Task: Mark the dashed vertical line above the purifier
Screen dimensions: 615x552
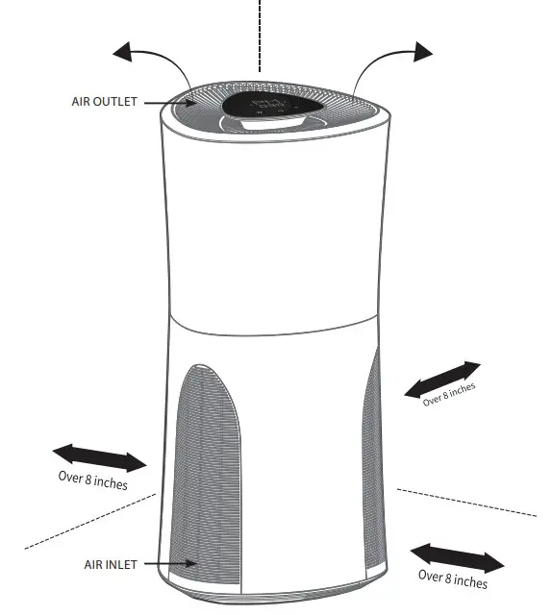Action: [x=259, y=34]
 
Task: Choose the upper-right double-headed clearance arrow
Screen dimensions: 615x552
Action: [x=441, y=380]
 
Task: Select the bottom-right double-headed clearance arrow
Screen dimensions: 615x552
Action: [x=457, y=557]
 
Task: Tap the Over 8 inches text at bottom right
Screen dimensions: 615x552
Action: [x=452, y=578]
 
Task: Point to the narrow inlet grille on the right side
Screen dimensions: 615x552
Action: [x=371, y=461]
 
